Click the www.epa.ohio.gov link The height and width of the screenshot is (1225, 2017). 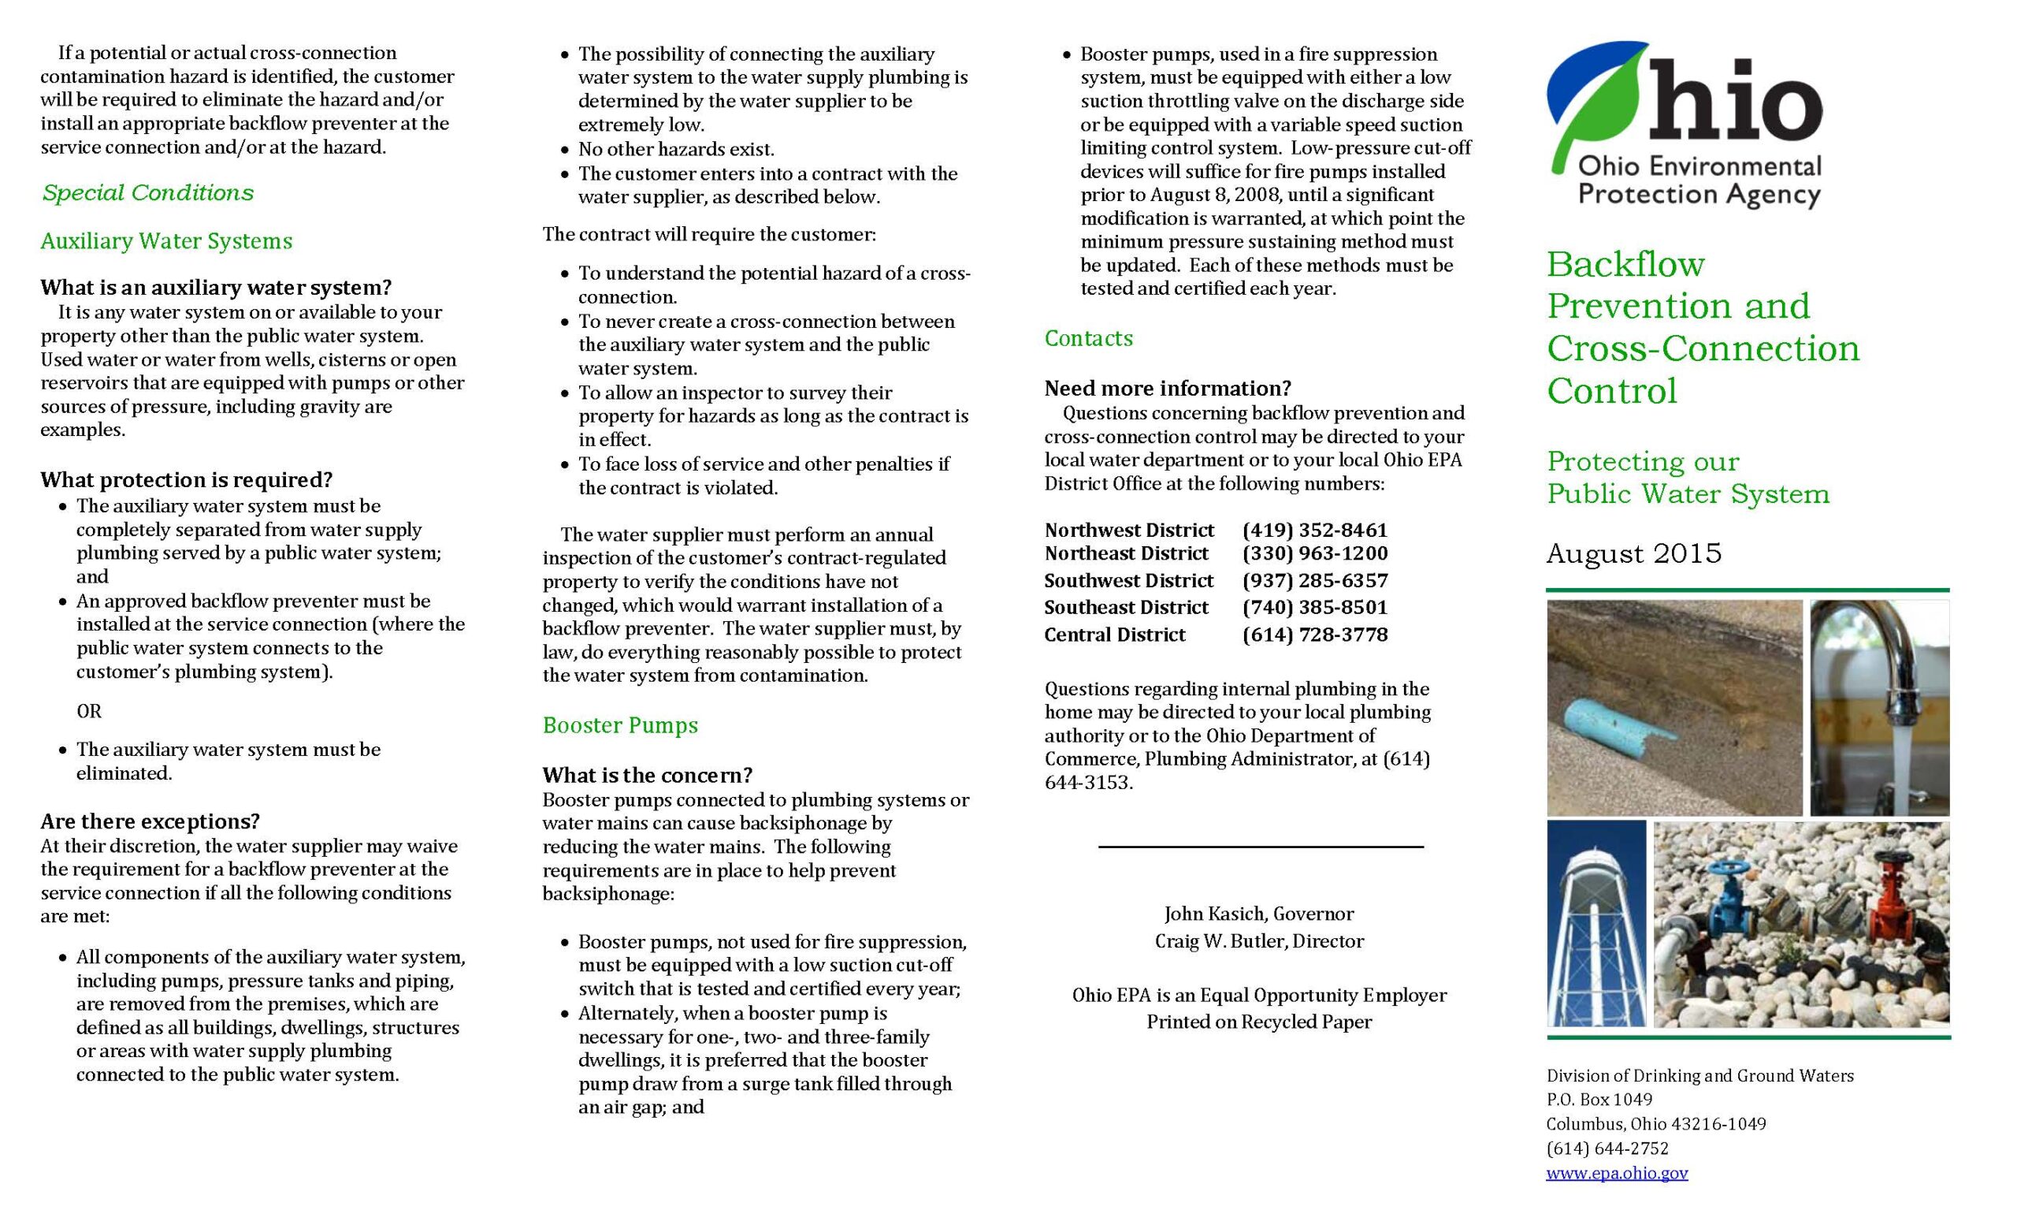[x=1617, y=1173]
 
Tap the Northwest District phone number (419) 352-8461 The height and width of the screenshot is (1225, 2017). [x=1315, y=530]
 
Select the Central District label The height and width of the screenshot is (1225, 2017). [x=1114, y=635]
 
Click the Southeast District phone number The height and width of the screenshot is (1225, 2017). [x=1315, y=608]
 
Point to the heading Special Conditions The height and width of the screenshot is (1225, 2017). [x=148, y=192]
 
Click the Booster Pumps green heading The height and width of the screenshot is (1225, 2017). [x=619, y=725]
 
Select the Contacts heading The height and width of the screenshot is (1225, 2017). [x=1088, y=338]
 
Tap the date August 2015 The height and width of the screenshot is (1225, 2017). [x=1633, y=553]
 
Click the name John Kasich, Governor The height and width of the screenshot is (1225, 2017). [x=1259, y=914]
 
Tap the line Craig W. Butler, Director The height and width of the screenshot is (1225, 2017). [x=1259, y=942]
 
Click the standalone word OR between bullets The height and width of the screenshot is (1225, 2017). [x=89, y=711]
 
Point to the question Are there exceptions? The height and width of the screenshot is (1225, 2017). [x=150, y=821]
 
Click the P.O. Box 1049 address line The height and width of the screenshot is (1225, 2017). [x=1599, y=1099]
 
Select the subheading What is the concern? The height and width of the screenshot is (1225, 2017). [x=647, y=775]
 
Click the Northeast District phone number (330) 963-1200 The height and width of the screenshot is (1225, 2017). [x=1315, y=553]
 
